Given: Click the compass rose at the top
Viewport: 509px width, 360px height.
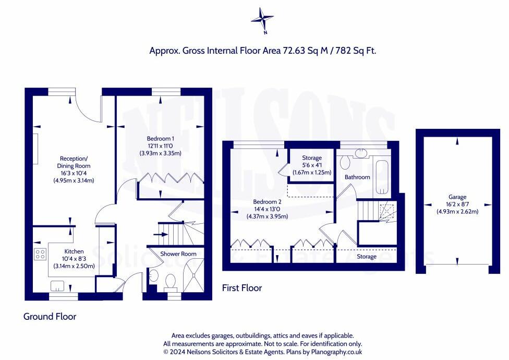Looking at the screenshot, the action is click(x=262, y=20).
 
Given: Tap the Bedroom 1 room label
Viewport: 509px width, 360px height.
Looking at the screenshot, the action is click(x=160, y=139).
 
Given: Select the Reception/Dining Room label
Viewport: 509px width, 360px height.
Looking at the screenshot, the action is click(x=74, y=162).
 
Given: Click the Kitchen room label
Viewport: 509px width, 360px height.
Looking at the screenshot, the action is click(x=74, y=251).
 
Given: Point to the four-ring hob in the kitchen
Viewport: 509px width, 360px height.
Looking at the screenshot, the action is click(x=40, y=254).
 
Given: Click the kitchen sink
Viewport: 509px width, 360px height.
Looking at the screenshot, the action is click(x=57, y=286).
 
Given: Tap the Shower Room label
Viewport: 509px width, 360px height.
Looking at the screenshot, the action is click(x=178, y=254).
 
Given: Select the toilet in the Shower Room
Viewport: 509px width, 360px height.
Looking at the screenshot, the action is click(x=171, y=281).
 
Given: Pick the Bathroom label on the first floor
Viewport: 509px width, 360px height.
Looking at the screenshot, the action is click(x=357, y=177).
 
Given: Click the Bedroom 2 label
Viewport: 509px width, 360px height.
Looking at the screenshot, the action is click(x=267, y=202).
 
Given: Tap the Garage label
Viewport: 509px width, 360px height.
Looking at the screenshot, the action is click(x=457, y=197).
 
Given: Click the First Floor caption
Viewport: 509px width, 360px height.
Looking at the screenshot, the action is click(x=242, y=288).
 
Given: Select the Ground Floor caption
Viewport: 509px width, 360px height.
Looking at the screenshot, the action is click(x=50, y=317).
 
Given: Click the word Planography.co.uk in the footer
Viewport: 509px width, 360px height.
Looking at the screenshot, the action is click(x=336, y=352).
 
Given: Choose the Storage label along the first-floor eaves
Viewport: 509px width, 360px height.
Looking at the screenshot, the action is click(x=367, y=257).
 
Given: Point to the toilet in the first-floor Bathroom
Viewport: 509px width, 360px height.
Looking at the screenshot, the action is click(x=345, y=162).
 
